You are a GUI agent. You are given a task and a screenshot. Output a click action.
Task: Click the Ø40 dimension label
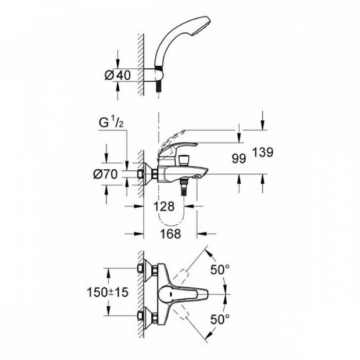coord(117,75)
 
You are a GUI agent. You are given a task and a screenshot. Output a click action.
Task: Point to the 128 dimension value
coord(164,206)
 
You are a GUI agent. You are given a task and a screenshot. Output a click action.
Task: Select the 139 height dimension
coord(262,152)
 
